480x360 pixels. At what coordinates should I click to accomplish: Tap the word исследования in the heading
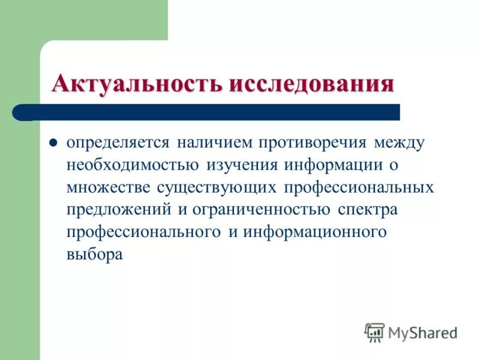click(x=311, y=83)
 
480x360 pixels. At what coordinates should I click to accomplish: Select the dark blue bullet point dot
click(x=53, y=144)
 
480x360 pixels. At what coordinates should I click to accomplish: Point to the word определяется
click(x=118, y=144)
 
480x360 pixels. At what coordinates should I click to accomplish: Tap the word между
click(x=400, y=144)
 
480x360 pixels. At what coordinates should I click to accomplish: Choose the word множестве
click(x=109, y=187)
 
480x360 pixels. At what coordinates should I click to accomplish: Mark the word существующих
click(x=217, y=187)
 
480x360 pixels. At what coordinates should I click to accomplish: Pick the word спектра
click(x=368, y=209)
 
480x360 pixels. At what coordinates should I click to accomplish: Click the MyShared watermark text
click(x=422, y=331)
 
